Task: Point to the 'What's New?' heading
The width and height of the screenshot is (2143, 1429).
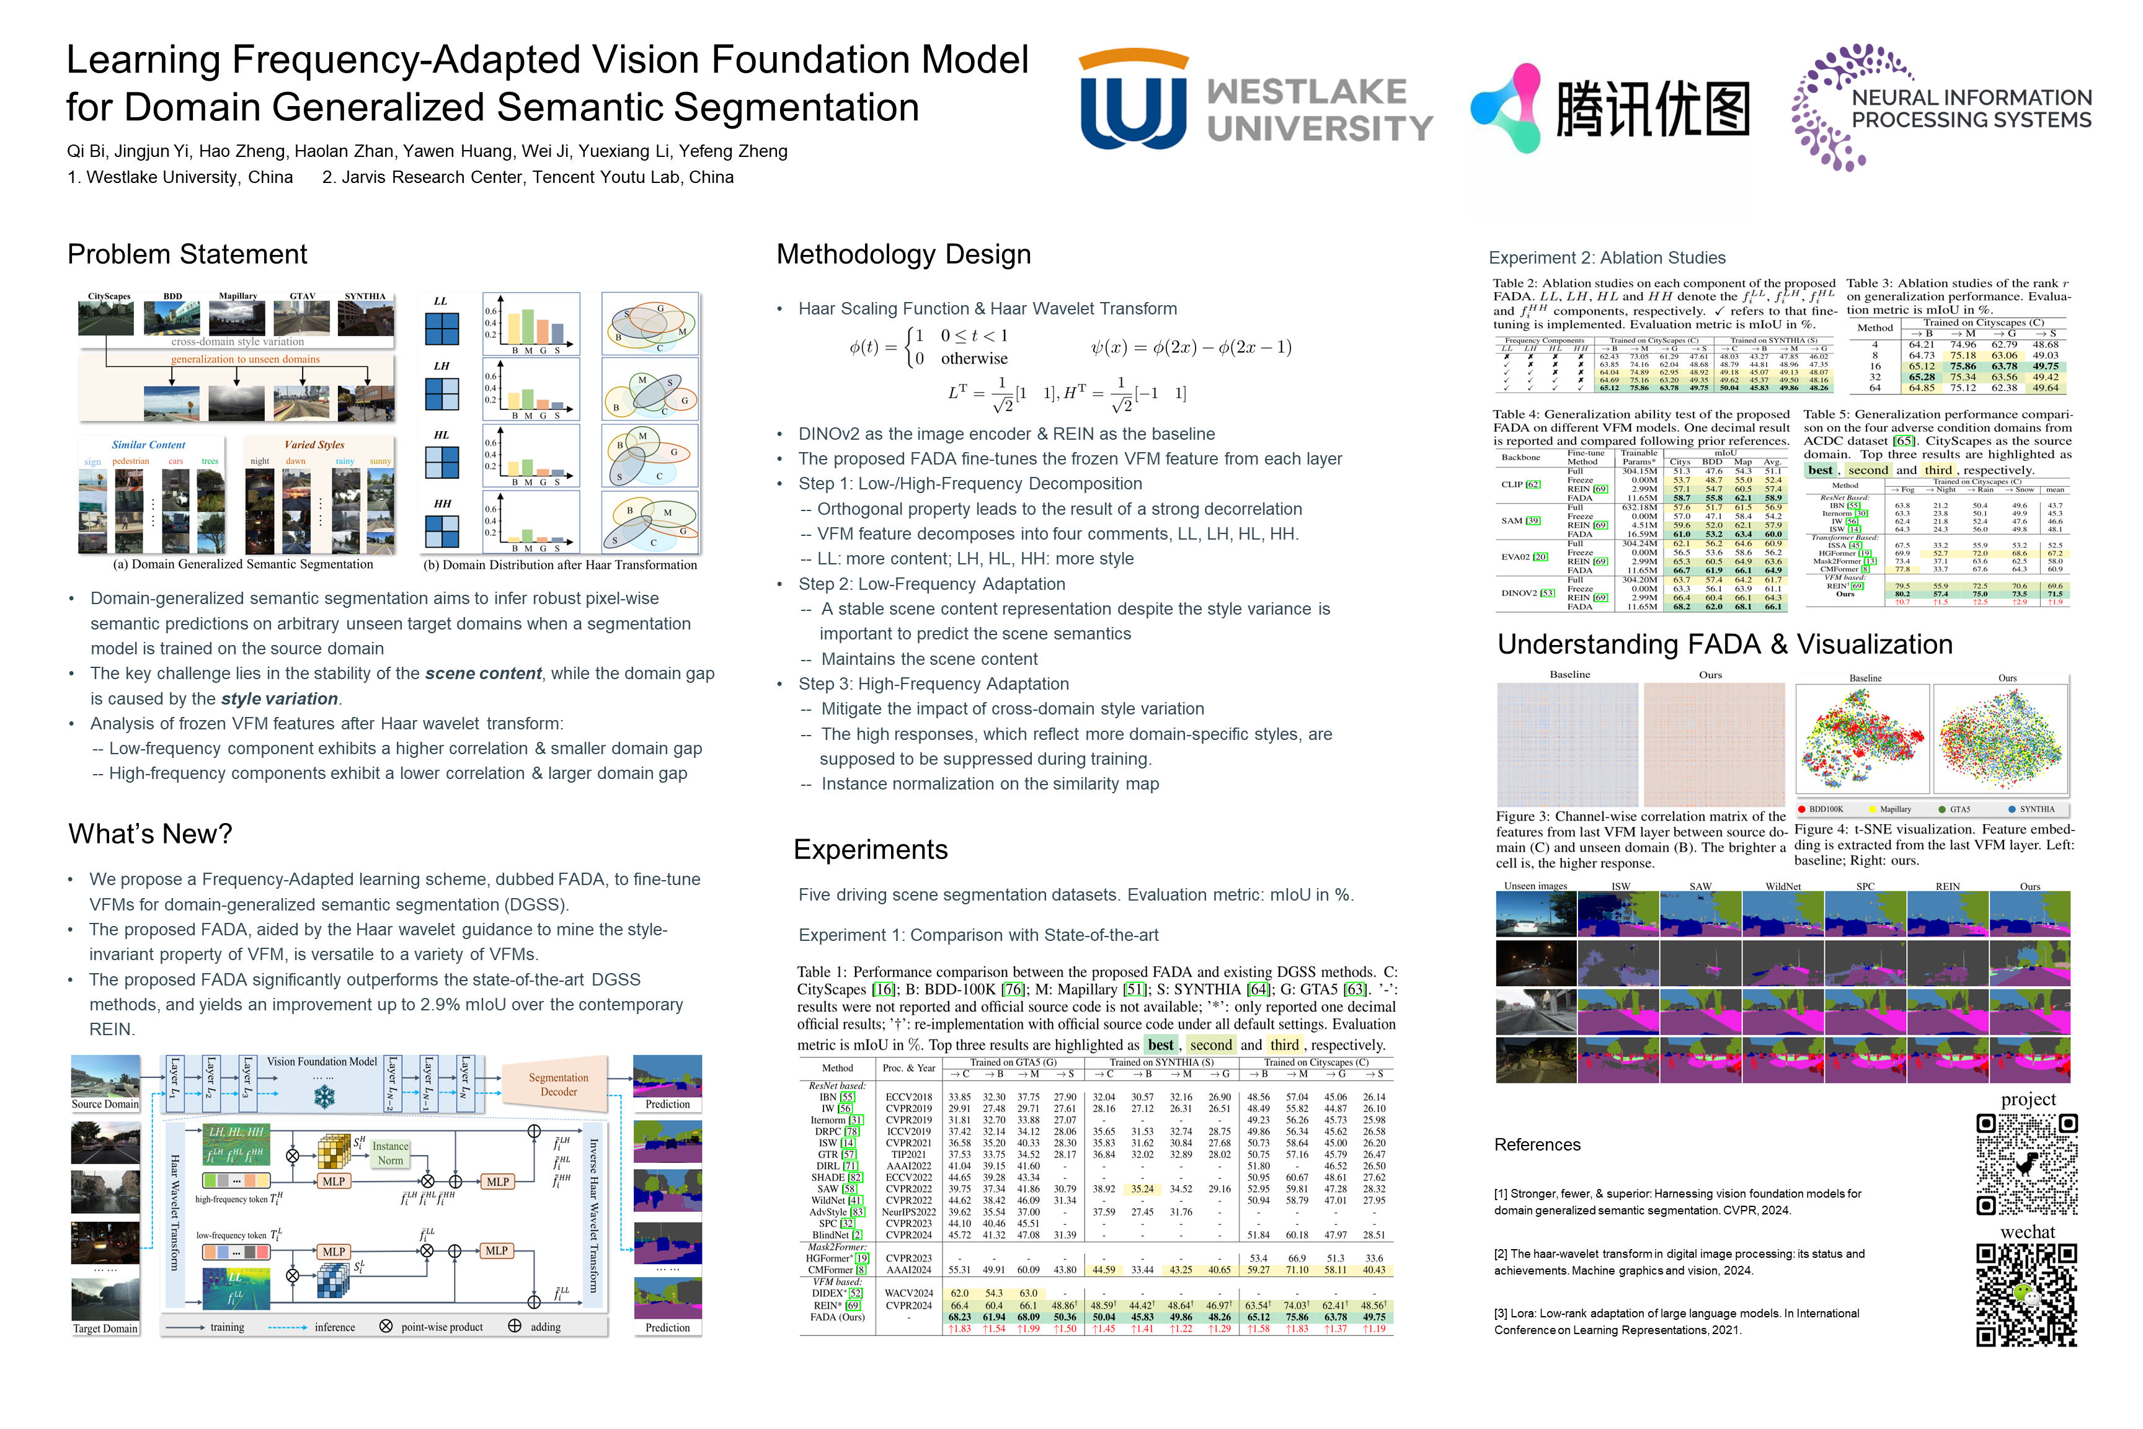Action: pos(149,834)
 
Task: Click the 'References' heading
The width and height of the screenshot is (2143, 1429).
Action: pos(1537,1145)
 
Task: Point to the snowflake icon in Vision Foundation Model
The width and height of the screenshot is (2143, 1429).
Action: pos(324,1097)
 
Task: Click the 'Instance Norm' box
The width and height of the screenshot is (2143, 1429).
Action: pos(390,1154)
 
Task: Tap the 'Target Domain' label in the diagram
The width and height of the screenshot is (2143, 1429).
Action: pos(105,1329)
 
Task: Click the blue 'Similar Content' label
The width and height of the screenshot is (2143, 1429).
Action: pos(149,445)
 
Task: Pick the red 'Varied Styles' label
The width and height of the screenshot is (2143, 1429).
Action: pos(314,445)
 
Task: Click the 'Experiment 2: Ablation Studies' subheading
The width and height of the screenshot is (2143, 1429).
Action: pos(1607,258)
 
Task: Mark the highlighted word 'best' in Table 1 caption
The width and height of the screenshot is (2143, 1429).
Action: pos(1160,1045)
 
